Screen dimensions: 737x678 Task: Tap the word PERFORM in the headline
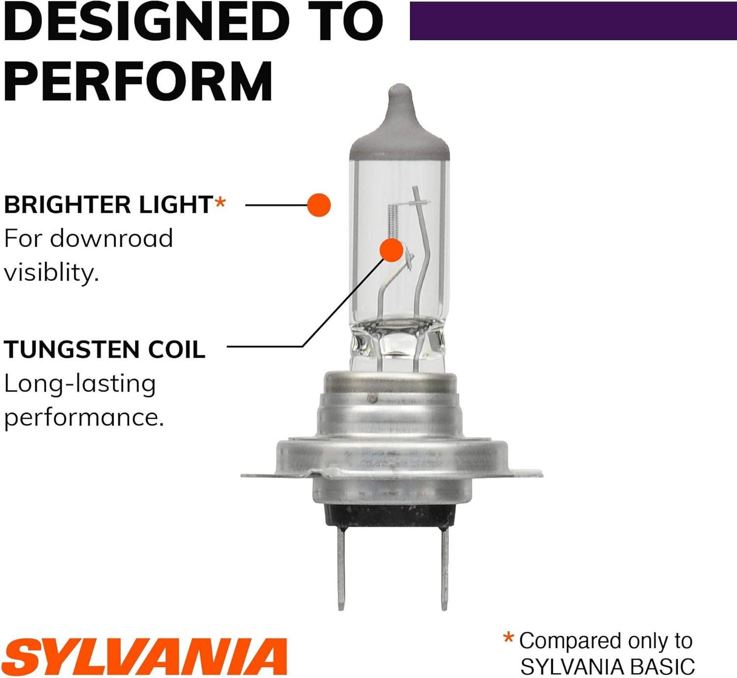pos(138,81)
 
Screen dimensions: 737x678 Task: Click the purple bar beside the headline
pos(573,21)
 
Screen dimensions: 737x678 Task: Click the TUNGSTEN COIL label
pos(104,349)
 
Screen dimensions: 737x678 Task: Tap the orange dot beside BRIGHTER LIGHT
pos(319,205)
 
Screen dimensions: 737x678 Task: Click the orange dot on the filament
pos(392,250)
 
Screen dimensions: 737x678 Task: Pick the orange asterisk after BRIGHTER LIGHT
pos(220,202)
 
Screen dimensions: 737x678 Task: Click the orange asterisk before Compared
pos(509,638)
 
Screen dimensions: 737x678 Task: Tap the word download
pos(112,238)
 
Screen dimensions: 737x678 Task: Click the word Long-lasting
pos(80,384)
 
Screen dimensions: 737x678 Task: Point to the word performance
pos(84,418)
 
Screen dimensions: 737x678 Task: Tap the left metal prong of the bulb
pos(341,570)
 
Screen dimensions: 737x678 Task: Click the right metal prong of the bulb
pos(445,570)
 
